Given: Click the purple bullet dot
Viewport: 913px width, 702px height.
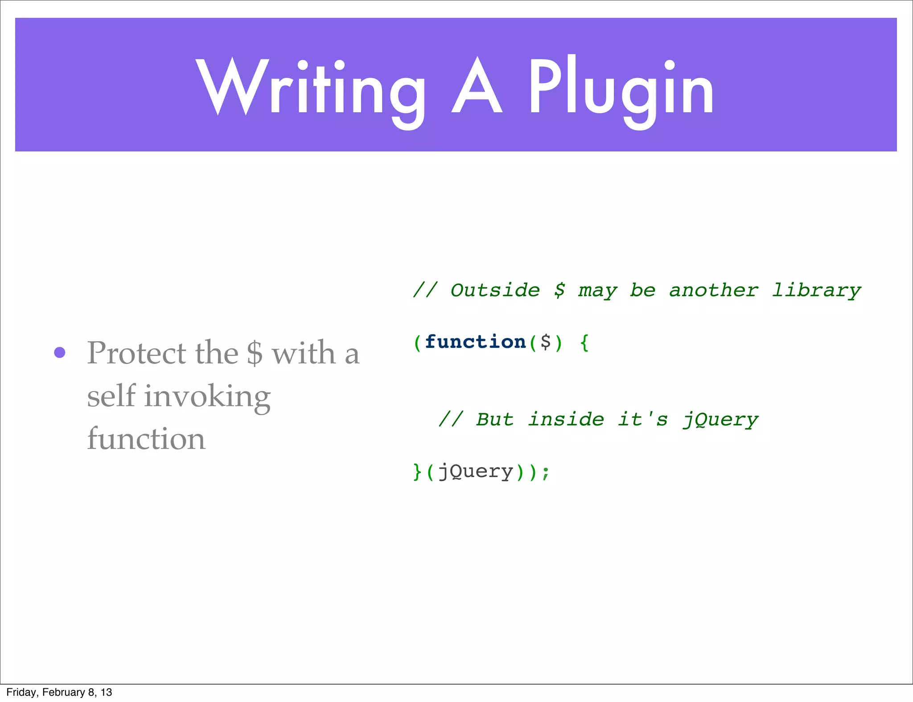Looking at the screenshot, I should tap(60, 353).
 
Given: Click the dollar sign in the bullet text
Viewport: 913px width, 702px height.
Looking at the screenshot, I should tap(255, 353).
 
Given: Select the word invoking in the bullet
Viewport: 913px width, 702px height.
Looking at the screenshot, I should tap(207, 396).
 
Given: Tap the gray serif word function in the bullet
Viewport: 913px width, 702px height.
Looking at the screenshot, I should tap(146, 439).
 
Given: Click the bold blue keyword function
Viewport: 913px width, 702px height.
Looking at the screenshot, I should tap(475, 342).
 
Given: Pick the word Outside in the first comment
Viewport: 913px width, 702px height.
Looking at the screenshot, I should tap(495, 290).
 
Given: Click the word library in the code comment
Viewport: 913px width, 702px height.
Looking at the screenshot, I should tap(816, 290).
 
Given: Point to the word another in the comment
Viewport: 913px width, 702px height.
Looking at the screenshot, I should tap(713, 290).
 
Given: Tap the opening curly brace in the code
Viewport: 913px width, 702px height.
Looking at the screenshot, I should tap(584, 343).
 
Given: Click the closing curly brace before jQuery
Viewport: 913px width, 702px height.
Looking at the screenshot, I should tap(417, 472).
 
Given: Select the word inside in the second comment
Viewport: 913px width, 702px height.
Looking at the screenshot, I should tap(566, 420).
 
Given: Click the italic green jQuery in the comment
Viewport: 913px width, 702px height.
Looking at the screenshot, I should tap(720, 420).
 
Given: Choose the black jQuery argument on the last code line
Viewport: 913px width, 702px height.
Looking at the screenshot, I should tap(476, 472).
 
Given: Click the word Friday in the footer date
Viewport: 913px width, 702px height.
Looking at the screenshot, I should tap(21, 692).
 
